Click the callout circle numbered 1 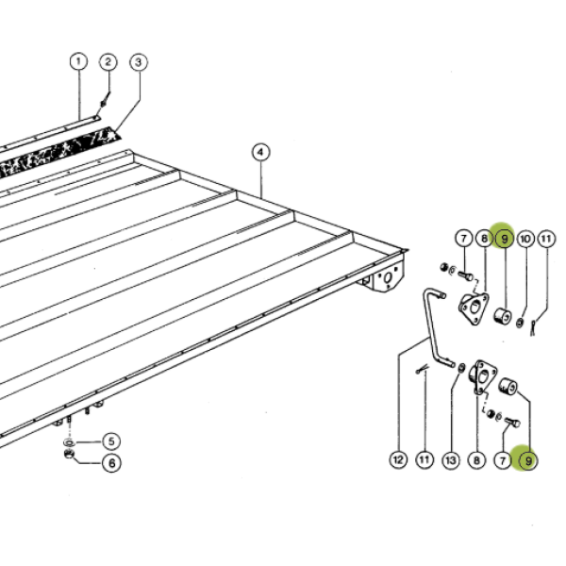pos(78,61)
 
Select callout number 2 pos(108,62)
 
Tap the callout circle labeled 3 pos(139,62)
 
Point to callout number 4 pos(260,153)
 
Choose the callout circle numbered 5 pos(111,441)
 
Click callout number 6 pos(111,463)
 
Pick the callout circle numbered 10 pos(525,239)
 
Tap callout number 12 pos(398,460)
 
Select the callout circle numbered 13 pos(451,460)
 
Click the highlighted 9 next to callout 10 pos(505,239)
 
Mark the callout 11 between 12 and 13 pos(424,460)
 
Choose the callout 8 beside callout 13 pos(476,460)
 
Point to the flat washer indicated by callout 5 pos(69,442)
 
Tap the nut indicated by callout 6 pos(69,454)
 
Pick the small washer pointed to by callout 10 pos(520,323)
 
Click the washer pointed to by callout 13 pos(461,368)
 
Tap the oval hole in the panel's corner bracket pos(388,278)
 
